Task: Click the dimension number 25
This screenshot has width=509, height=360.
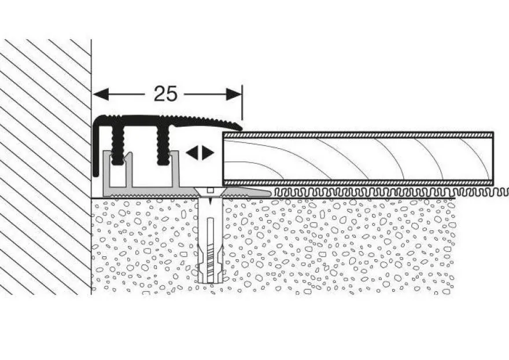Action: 165,94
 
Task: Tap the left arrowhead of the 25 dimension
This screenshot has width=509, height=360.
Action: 101,94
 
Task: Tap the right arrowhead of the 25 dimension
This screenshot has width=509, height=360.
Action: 234,94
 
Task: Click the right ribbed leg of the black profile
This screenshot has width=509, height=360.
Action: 163,145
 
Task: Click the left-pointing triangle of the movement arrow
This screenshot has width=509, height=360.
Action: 192,153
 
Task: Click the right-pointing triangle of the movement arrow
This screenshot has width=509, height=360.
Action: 208,153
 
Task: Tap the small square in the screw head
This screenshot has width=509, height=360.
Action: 211,190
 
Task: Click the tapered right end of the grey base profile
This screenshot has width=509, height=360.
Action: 264,193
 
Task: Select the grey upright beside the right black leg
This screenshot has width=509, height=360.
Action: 176,169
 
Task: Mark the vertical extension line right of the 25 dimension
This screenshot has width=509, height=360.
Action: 242,102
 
